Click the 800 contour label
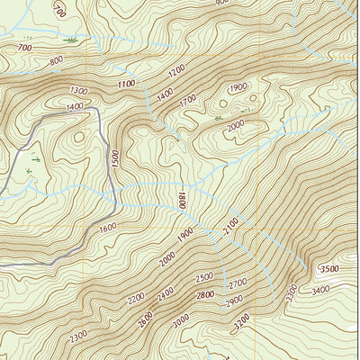coord(56,61)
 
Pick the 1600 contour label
coord(108,229)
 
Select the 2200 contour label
coord(136,298)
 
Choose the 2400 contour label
coord(166,293)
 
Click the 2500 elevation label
coord(204,277)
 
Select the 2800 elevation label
coord(206,294)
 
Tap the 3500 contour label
coord(328,268)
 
